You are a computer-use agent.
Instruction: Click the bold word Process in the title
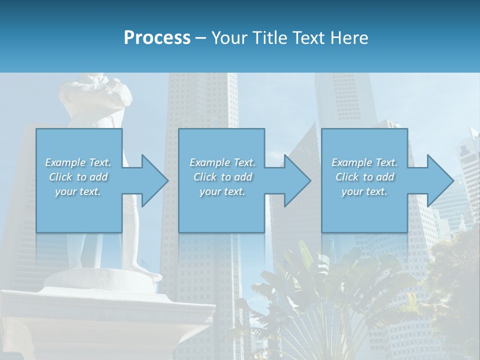[x=157, y=38]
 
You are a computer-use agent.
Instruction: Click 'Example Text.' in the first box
[x=78, y=162]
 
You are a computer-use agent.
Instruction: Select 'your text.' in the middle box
[x=222, y=191]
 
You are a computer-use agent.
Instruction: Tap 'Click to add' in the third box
[x=365, y=177]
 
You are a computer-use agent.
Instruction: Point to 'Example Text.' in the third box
[x=364, y=162]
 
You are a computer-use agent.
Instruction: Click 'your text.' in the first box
[x=78, y=191]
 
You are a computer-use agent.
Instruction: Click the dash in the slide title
[x=201, y=38]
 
